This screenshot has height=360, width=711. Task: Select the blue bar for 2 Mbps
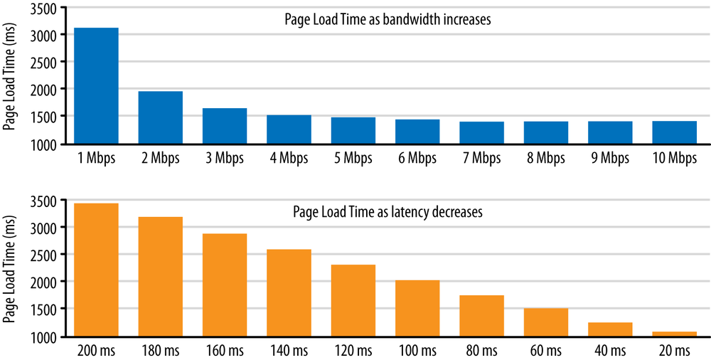tap(160, 117)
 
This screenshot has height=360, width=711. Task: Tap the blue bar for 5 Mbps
tap(353, 130)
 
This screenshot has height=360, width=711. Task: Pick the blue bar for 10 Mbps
tap(674, 132)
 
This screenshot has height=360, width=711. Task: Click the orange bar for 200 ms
tap(96, 270)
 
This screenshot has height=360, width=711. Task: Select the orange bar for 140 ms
tap(289, 292)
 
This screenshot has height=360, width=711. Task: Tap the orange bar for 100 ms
tap(417, 308)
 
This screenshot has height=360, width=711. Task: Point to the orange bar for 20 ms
tap(674, 334)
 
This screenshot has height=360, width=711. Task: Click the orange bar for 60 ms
tap(545, 322)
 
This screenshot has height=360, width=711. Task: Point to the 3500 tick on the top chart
tap(47, 7)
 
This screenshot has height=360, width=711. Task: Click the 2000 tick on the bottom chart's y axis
tap(47, 282)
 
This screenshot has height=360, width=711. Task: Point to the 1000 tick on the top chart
tap(47, 144)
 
